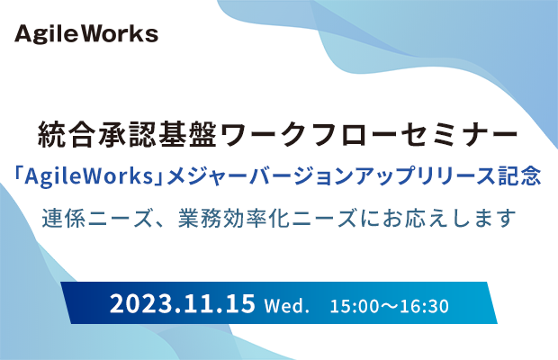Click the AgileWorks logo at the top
click(86, 34)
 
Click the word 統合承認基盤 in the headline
click(127, 134)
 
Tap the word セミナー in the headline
click(459, 134)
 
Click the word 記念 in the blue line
click(519, 176)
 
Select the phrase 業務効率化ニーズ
click(267, 218)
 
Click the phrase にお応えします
click(437, 218)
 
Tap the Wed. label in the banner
click(287, 306)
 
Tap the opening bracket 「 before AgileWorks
click(18, 175)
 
